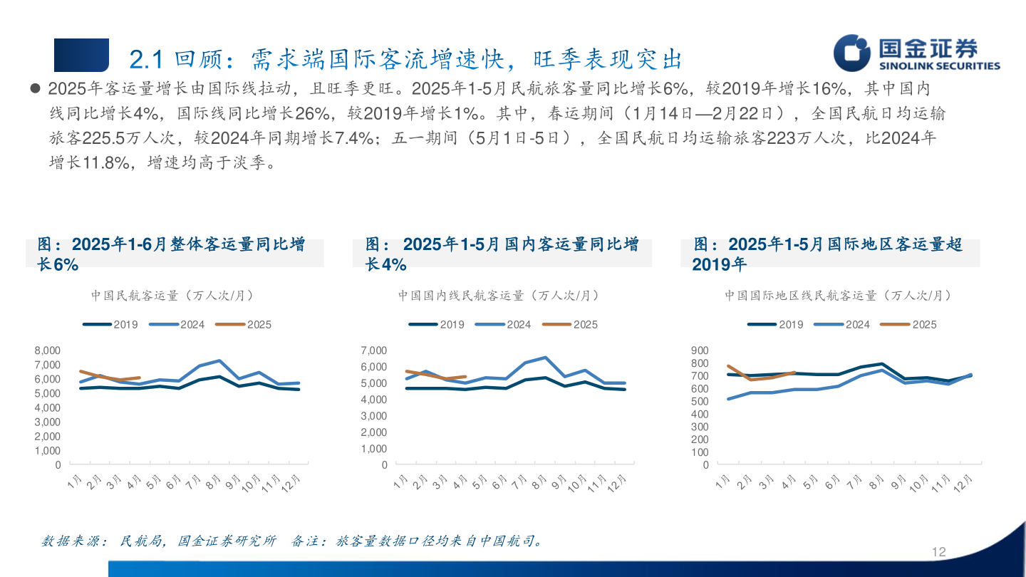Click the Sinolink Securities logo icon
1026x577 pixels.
853,53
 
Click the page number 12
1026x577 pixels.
938,552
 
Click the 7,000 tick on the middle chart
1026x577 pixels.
373,350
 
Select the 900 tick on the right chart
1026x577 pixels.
700,350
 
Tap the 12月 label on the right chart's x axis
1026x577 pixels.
969,484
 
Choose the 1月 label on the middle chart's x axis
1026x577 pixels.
400,482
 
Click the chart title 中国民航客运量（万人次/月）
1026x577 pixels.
172,295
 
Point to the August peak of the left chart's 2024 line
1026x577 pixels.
219,360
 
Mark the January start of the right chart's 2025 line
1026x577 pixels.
728,366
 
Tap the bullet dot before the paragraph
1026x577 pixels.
34,89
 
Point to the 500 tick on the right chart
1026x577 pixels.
700,401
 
